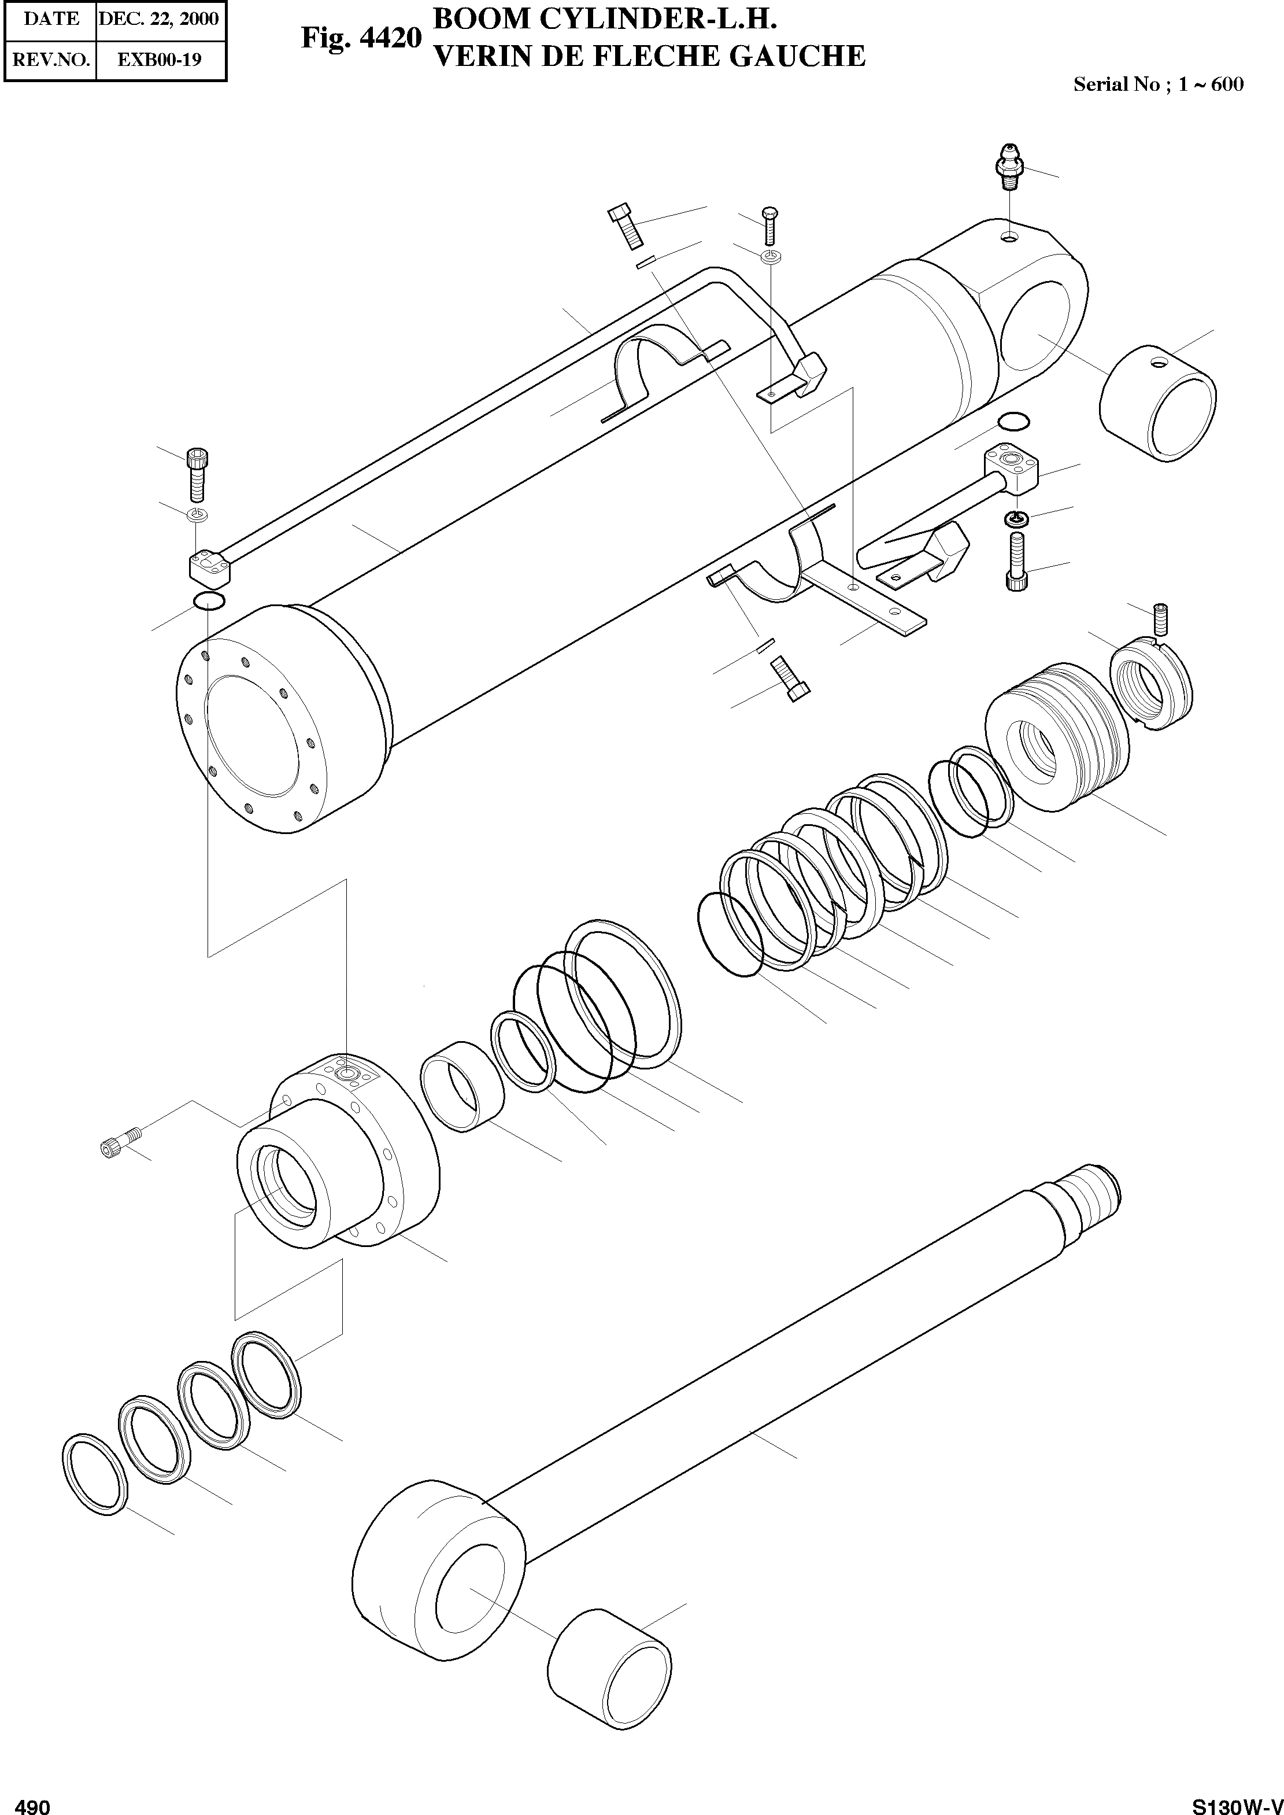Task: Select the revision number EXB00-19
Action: coord(159,60)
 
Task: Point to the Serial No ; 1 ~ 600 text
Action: coord(1157,84)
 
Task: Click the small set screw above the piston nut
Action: coord(1161,618)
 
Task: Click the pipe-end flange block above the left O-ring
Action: coord(209,565)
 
